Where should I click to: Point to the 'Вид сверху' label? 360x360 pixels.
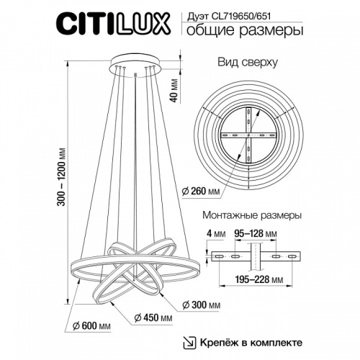click(x=248, y=63)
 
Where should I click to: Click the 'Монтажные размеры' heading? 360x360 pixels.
click(x=249, y=215)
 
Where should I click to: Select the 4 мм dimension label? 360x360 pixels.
click(x=215, y=232)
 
